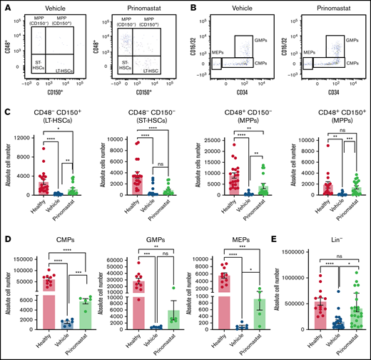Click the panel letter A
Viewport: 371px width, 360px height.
point(4,5)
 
